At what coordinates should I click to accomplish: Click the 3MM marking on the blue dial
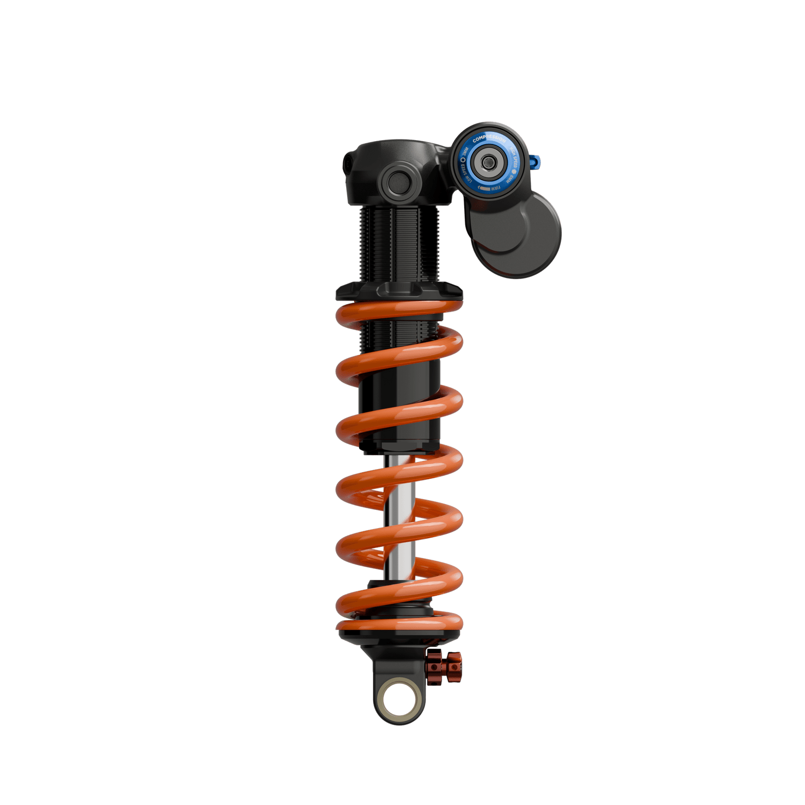(x=465, y=152)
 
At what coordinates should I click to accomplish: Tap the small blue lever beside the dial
(x=535, y=162)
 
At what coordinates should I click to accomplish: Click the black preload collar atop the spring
(x=400, y=291)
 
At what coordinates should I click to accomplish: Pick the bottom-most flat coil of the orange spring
(x=400, y=624)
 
